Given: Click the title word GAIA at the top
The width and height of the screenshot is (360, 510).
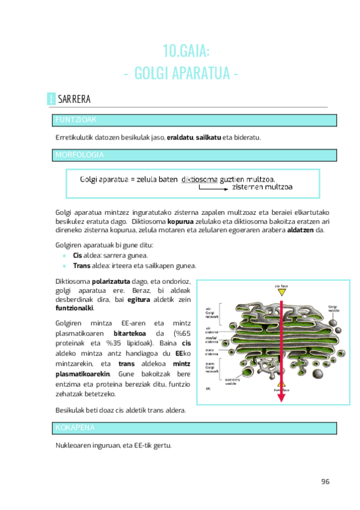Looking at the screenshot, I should (192, 50).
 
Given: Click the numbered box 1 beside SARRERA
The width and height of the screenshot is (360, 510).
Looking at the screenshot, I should (51, 99).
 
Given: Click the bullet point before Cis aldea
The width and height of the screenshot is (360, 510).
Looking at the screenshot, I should (64, 256).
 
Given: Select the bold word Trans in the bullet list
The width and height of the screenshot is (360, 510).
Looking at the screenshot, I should (82, 265).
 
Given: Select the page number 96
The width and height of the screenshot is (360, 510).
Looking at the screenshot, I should (325, 482).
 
